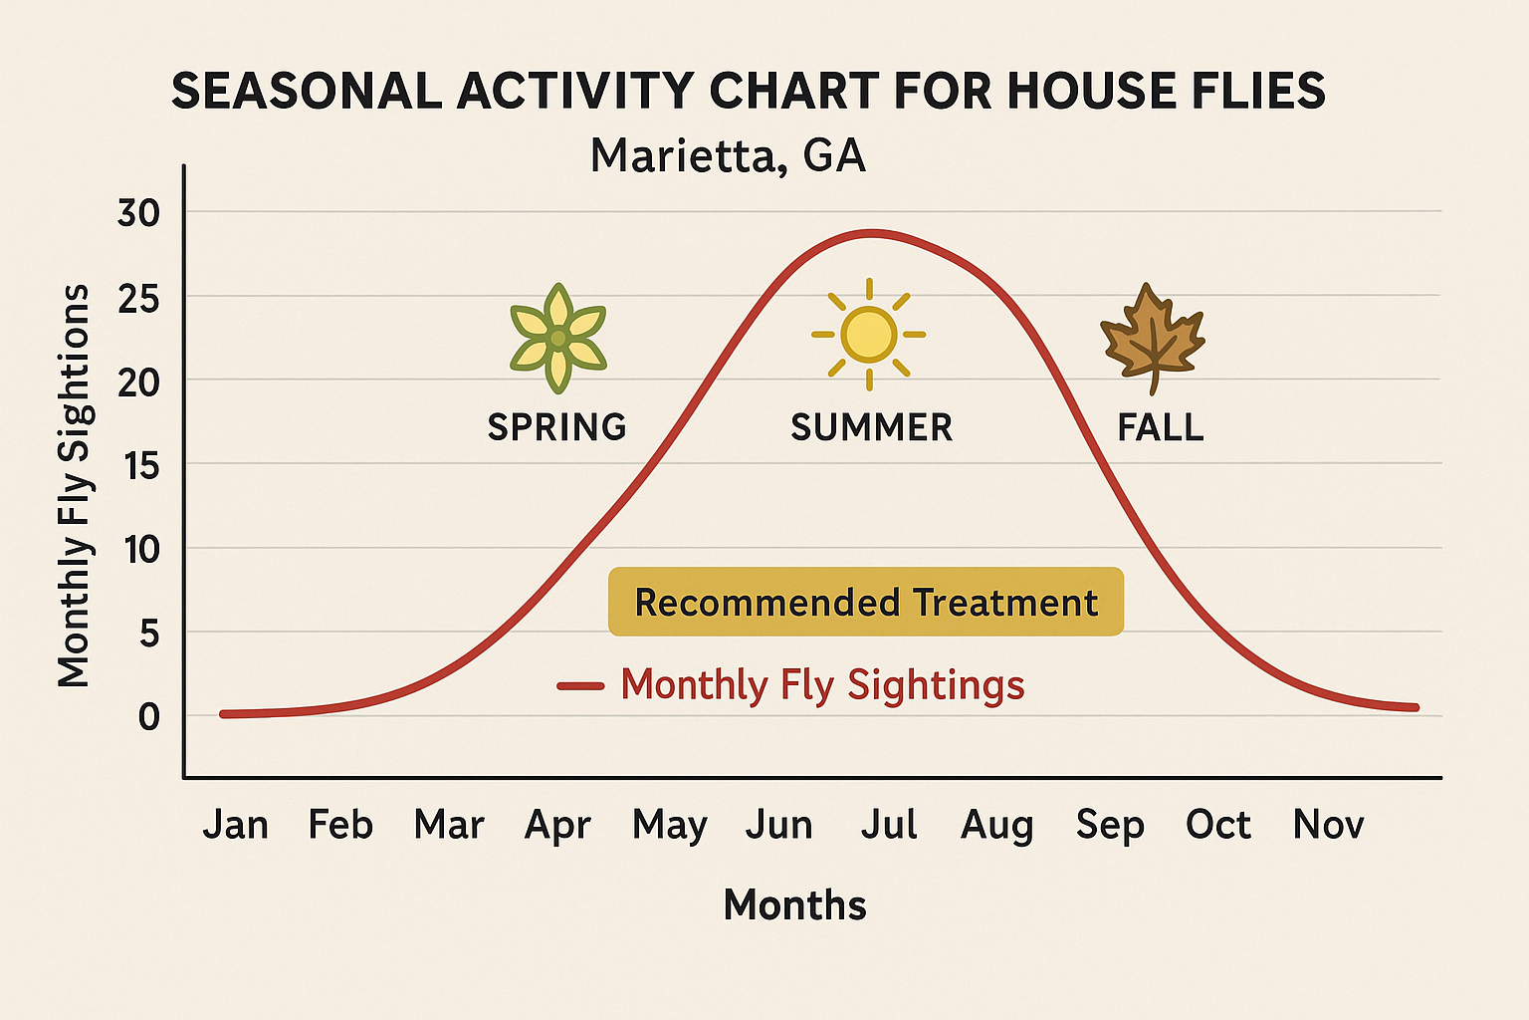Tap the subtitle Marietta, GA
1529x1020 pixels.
(x=728, y=156)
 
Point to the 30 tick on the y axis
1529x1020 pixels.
(x=138, y=213)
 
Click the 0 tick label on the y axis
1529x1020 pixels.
(x=148, y=716)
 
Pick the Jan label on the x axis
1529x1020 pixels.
(x=236, y=825)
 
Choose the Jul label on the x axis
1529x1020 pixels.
(x=889, y=825)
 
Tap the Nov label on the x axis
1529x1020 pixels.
(x=1328, y=825)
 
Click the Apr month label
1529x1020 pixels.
(x=557, y=826)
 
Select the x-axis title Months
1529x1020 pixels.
(x=794, y=905)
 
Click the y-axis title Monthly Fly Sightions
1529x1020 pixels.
(x=74, y=486)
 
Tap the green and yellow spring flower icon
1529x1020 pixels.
(x=557, y=339)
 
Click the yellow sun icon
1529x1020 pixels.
(x=869, y=335)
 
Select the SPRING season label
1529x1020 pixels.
(x=556, y=427)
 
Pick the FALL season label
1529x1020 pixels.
(x=1161, y=428)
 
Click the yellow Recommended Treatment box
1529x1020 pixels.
(x=865, y=602)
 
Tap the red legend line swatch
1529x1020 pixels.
(x=580, y=685)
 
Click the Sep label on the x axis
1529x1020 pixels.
(x=1110, y=826)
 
